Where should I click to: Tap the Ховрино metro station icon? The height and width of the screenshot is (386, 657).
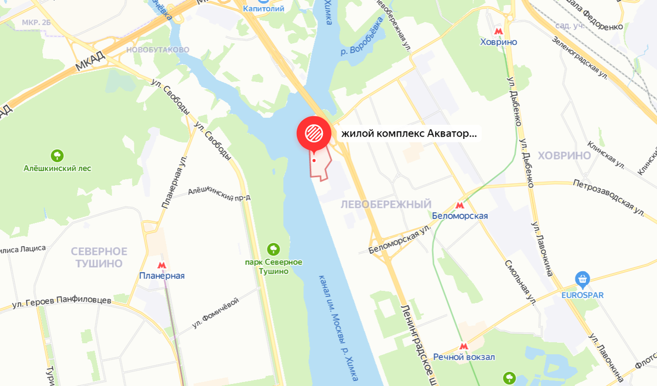pyautogui.click(x=498, y=31)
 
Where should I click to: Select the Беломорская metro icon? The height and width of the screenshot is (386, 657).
pyautogui.click(x=460, y=205)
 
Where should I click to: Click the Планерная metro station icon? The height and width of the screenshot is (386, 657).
pyautogui.click(x=161, y=264)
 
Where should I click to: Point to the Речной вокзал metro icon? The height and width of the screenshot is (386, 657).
pyautogui.click(x=464, y=346)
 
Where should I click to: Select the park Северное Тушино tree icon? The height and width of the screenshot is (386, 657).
pyautogui.click(x=273, y=249)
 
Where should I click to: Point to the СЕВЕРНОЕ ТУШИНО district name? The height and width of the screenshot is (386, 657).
pyautogui.click(x=99, y=257)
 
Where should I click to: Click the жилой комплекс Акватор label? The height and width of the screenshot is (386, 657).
pyautogui.click(x=409, y=133)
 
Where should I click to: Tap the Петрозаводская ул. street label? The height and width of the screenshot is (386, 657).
pyautogui.click(x=608, y=195)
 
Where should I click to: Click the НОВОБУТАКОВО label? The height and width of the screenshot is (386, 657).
pyautogui.click(x=158, y=50)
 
